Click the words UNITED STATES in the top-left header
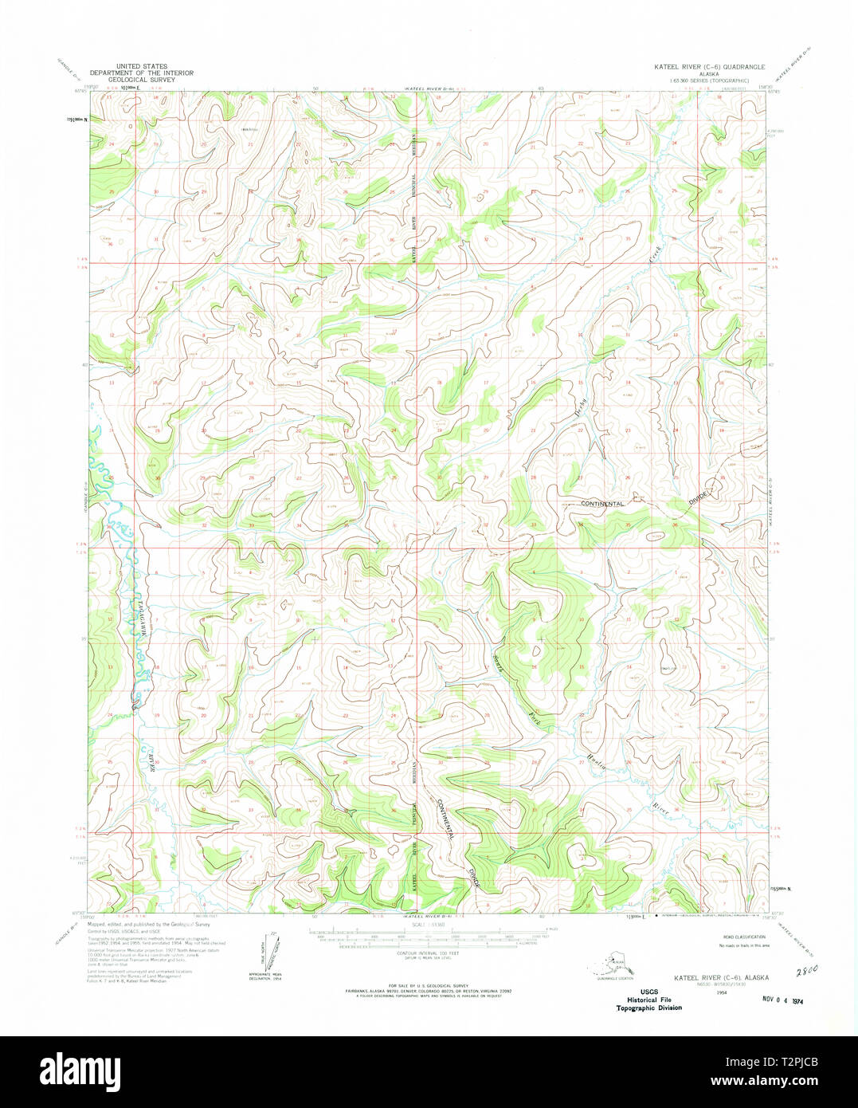[141, 67]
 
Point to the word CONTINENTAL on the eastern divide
[602, 504]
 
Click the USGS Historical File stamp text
[648, 1000]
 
